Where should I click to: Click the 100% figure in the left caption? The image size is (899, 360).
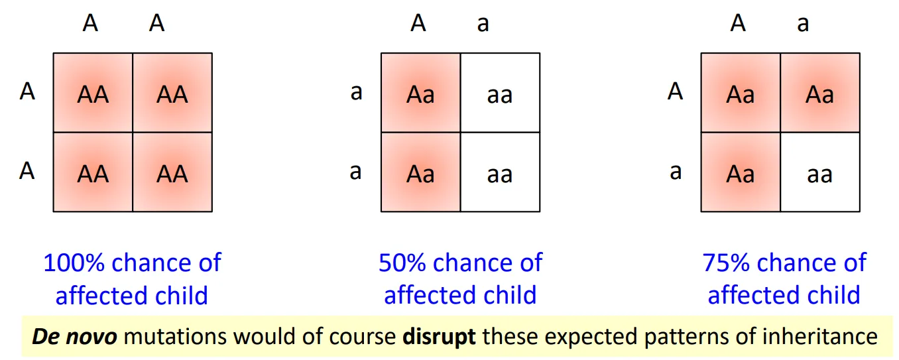click(x=74, y=263)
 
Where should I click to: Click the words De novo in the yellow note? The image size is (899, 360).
click(x=74, y=336)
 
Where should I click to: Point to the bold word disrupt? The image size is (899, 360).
click(x=439, y=336)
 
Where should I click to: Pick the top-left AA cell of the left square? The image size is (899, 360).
click(x=93, y=93)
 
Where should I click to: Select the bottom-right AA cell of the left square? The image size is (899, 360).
click(x=172, y=173)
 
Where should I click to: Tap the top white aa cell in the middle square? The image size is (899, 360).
click(x=500, y=95)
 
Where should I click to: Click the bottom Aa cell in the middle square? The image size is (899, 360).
click(x=420, y=173)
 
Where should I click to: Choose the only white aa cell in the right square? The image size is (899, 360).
click(x=820, y=174)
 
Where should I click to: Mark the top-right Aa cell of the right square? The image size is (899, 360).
click(x=820, y=95)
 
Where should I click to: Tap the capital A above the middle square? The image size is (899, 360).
click(x=418, y=23)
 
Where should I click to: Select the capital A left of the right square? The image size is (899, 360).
click(x=675, y=91)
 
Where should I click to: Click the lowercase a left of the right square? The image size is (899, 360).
click(x=675, y=172)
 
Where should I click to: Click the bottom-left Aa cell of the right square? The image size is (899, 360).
click(x=741, y=173)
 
